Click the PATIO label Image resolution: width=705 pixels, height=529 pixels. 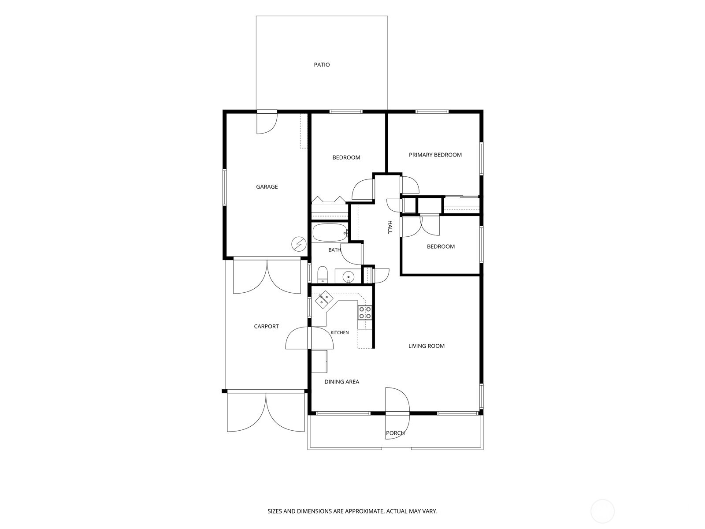(x=322, y=64)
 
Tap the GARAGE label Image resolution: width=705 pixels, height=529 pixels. (x=267, y=186)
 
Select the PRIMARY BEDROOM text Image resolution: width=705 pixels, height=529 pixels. (x=435, y=155)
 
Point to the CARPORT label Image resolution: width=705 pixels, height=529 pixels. (x=266, y=326)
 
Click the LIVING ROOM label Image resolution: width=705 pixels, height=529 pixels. (x=427, y=346)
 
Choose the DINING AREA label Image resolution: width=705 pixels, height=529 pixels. (x=342, y=382)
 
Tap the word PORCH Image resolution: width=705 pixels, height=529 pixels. (x=395, y=433)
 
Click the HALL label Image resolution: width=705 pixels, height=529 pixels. (x=390, y=227)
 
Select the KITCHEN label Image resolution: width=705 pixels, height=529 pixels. (x=339, y=332)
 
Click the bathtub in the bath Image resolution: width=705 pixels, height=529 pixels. (x=330, y=233)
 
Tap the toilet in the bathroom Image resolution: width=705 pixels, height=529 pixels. (x=322, y=275)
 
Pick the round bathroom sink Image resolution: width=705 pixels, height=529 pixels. (x=348, y=276)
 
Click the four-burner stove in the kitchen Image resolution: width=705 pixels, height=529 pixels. (x=365, y=313)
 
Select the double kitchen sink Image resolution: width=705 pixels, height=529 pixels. (x=324, y=299)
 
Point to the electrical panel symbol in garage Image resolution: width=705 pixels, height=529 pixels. (x=299, y=244)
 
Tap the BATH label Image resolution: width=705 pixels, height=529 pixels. (x=334, y=250)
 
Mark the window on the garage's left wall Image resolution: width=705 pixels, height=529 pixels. (x=225, y=187)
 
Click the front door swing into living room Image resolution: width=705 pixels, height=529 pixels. (x=397, y=400)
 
